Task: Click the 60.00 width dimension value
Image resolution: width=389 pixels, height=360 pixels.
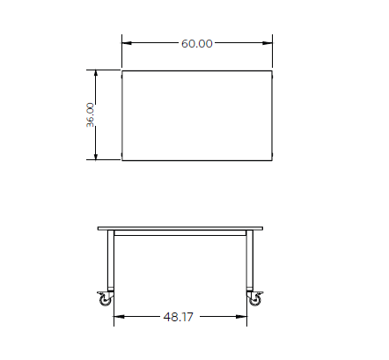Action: [x=197, y=43]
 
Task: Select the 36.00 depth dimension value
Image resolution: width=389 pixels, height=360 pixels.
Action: [x=91, y=115]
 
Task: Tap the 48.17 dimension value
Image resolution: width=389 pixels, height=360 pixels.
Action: [x=179, y=317]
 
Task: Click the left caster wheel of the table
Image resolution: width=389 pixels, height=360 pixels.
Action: [x=106, y=299]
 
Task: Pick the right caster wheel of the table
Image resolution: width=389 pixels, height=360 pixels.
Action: [x=255, y=299]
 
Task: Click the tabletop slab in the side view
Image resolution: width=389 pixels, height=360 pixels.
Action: [x=180, y=229]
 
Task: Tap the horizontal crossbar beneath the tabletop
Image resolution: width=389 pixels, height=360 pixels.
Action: [x=180, y=236]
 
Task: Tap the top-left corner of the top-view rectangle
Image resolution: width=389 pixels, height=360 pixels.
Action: [x=121, y=71]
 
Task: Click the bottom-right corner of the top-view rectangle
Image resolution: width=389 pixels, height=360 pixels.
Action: [x=274, y=161]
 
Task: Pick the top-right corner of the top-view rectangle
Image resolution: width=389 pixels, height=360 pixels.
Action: [x=274, y=71]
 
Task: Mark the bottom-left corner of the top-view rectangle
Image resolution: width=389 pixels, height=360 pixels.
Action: [x=121, y=161]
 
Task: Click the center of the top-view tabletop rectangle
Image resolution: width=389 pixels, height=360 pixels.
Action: [x=197, y=116]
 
